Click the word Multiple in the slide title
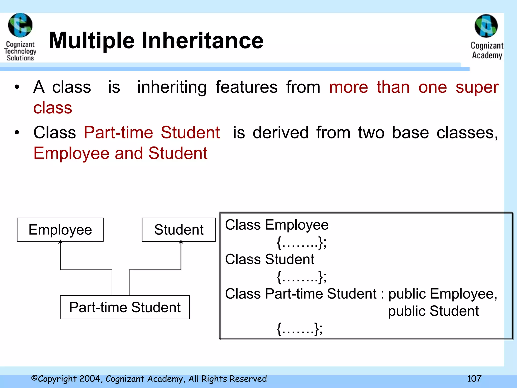click(x=92, y=41)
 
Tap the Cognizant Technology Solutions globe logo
click(x=20, y=25)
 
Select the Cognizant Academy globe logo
click(x=486, y=26)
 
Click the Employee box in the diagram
click(x=60, y=230)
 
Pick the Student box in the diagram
click(x=179, y=230)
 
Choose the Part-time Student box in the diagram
click(x=125, y=307)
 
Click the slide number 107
click(x=474, y=378)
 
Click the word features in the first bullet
click(x=246, y=87)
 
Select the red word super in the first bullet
click(x=477, y=87)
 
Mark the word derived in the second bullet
click(x=280, y=133)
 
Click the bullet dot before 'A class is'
click(x=17, y=87)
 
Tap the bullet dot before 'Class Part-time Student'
click(x=17, y=133)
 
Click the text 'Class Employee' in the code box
click(x=277, y=225)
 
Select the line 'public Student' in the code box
click(x=433, y=311)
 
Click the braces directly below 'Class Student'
click(x=301, y=277)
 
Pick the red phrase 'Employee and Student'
click(x=120, y=153)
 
